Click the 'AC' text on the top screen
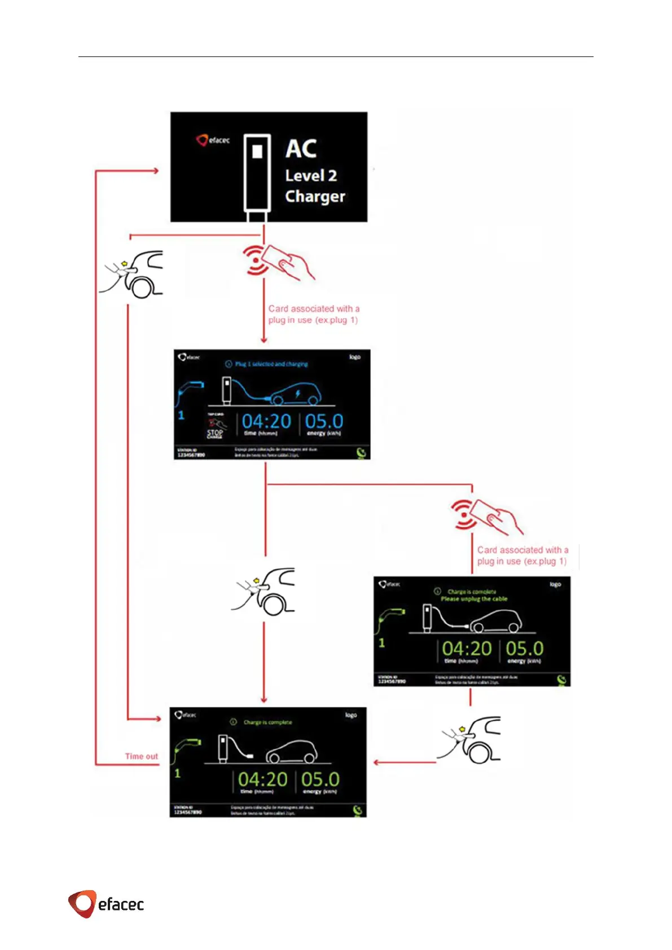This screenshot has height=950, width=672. [x=301, y=149]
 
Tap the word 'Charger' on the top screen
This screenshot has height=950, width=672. [x=315, y=196]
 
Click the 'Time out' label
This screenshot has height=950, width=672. [x=141, y=756]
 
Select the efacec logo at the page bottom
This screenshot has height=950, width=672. [x=106, y=904]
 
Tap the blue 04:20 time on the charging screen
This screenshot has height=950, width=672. [x=266, y=422]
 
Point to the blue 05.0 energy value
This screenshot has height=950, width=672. [x=324, y=422]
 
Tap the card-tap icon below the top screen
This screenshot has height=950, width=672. [x=278, y=262]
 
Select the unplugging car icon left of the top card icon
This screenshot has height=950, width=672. [x=133, y=274]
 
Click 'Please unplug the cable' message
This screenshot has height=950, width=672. [x=474, y=599]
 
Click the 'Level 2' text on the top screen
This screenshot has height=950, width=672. [x=311, y=176]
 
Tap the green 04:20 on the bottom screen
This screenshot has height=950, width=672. [x=262, y=780]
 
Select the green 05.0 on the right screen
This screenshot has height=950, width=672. [x=524, y=649]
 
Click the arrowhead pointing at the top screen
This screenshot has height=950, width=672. [x=155, y=170]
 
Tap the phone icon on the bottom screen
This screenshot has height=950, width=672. [x=358, y=811]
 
